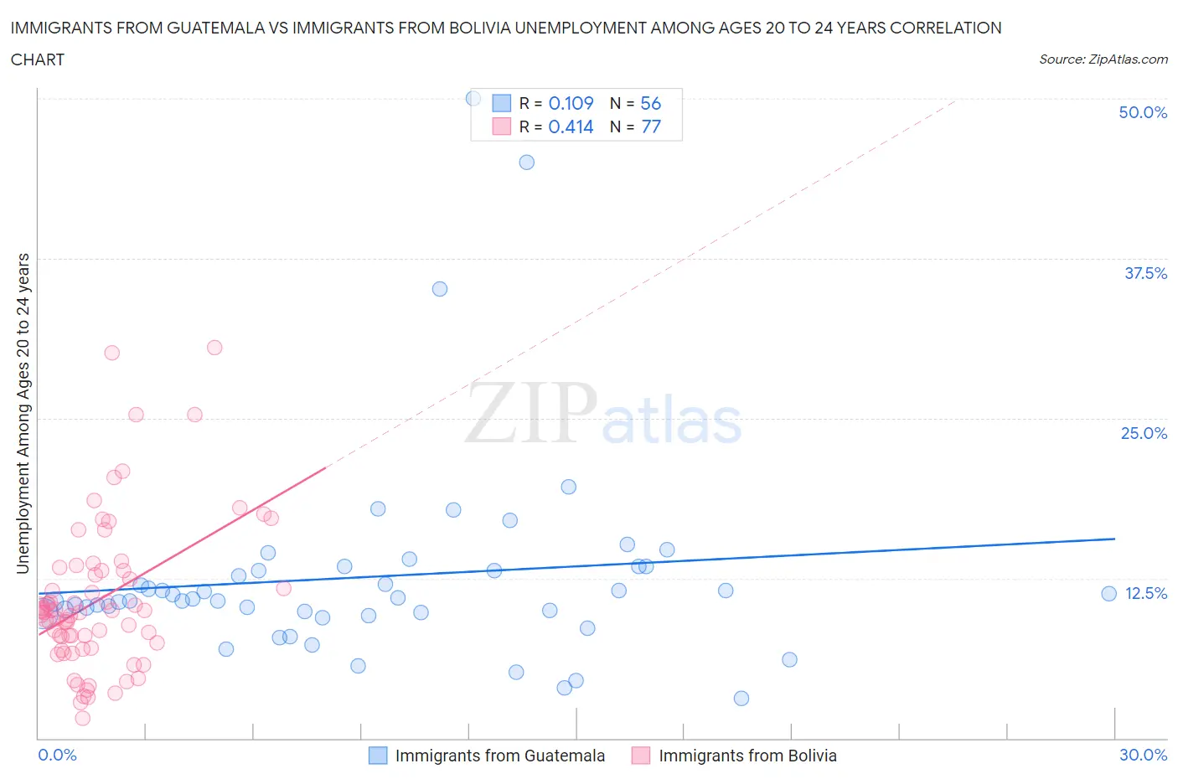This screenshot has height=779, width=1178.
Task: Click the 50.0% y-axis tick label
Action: pos(1143,112)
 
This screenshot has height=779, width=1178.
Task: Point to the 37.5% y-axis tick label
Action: pos(1145,273)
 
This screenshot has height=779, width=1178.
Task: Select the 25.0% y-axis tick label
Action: pos(1144,433)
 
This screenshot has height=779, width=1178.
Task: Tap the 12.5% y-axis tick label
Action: pos(1145,593)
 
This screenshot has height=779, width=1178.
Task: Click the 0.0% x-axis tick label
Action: pos(57,755)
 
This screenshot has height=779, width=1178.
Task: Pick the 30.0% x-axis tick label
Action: pos(1143,755)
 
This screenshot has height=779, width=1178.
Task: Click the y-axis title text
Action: pos(23,414)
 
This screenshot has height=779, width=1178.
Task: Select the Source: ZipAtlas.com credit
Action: pos(1103,59)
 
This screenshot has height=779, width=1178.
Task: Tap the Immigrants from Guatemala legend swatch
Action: pos(378,756)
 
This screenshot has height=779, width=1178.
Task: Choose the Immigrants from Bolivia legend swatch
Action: pos(641,756)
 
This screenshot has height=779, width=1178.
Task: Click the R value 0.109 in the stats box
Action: pos(571,103)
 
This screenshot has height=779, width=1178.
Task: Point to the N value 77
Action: pos(651,126)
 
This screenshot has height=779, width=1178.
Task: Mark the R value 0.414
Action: pos(571,126)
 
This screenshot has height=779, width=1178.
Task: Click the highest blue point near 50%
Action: pos(473,99)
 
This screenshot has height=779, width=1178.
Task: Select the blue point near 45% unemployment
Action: pos(526,163)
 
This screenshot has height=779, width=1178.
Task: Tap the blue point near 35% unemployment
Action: pos(440,289)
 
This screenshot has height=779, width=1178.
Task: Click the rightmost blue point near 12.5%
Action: pos(1108,594)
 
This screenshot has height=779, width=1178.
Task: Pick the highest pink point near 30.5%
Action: pos(214,348)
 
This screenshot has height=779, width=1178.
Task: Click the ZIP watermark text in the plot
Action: pos(531,414)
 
